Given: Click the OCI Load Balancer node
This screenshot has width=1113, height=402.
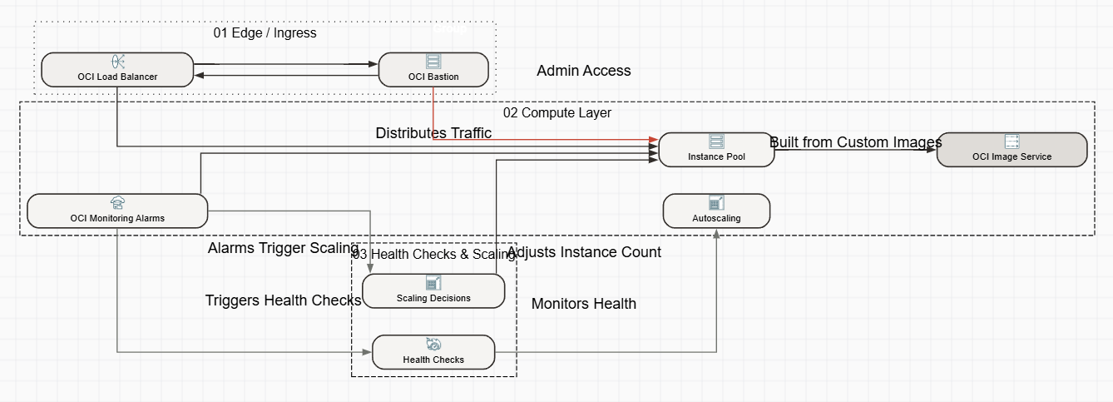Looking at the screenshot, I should tap(117, 69).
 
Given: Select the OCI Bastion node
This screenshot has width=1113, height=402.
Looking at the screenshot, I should tap(433, 69).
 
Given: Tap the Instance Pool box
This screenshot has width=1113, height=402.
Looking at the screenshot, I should tap(716, 150).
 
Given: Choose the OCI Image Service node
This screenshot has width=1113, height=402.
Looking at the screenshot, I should tap(1012, 150).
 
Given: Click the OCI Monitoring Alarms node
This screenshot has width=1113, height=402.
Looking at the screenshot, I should tap(117, 211).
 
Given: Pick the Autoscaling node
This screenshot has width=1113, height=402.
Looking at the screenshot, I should tap(716, 211).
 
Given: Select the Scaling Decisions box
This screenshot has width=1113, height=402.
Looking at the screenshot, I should tap(433, 290).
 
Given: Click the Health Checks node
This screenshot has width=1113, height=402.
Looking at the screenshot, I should tap(433, 352).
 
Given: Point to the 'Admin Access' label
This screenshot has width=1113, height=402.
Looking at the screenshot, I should tap(583, 71).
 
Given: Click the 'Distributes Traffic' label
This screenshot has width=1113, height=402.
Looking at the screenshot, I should tap(433, 133).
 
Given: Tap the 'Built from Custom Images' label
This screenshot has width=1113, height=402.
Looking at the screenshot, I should tap(855, 142).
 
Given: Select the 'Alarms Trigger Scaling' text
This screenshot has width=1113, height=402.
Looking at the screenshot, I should tap(271, 248).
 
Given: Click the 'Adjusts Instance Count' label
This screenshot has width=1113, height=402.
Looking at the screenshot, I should tap(584, 252).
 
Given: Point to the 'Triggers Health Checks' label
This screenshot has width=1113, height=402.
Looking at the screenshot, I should tap(283, 300).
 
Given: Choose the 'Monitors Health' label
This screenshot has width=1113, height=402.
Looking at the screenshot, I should tap(583, 304).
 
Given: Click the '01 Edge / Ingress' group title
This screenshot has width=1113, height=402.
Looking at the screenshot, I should tap(265, 33).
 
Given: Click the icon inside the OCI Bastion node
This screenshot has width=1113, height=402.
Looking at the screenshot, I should tap(433, 62).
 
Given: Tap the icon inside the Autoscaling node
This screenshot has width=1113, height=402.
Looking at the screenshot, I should tap(716, 203).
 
